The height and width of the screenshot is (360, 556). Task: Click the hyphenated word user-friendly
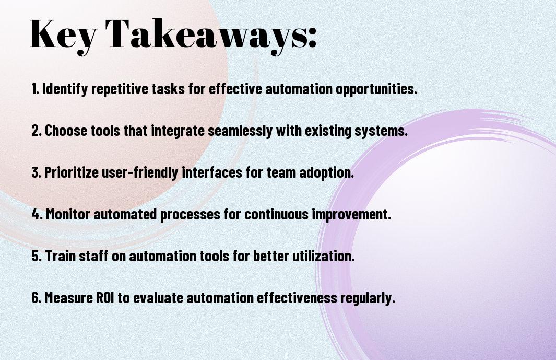[140, 172]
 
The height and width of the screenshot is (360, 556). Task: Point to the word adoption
[327, 172]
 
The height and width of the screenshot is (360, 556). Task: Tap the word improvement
[351, 214]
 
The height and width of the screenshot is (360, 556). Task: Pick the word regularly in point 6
[368, 298]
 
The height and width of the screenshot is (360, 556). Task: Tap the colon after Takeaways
[312, 38]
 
